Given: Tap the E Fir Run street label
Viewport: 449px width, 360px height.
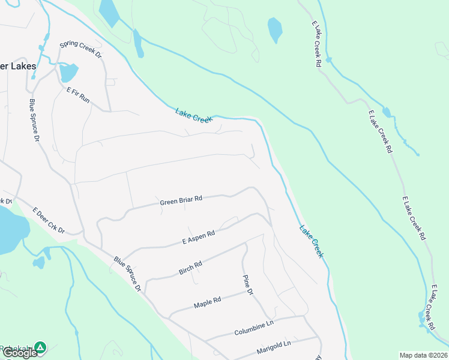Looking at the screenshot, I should [78, 95].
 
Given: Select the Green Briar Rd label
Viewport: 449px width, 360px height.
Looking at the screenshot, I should [181, 201].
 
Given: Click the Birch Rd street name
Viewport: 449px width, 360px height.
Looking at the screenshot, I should [190, 268].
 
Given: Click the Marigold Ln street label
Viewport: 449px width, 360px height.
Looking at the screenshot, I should [271, 346].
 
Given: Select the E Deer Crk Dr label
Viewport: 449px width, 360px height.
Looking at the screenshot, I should [48, 221].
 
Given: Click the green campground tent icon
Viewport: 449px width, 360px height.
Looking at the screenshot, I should [40, 347].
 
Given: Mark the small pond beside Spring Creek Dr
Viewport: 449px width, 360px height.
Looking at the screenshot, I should [68, 73].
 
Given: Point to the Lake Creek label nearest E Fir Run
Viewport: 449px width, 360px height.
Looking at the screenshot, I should [194, 115].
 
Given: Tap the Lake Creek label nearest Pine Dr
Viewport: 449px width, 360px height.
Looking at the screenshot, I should [312, 241].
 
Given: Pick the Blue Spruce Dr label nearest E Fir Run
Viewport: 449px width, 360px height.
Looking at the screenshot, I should [34, 120].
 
